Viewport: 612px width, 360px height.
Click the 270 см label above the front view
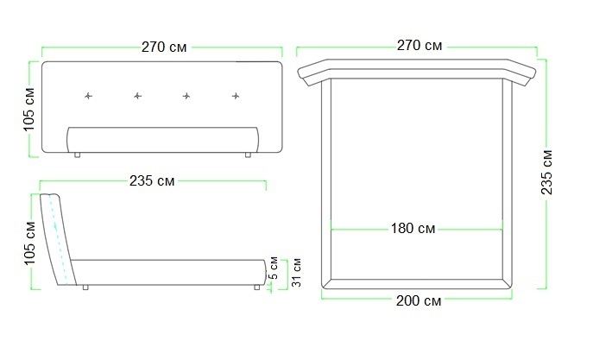[x=164, y=47]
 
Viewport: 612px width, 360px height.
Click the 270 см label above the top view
[x=420, y=45]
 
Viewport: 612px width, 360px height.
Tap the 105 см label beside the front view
[x=29, y=110]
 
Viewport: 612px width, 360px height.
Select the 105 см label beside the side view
[x=29, y=243]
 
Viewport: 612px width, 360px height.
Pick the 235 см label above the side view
[x=152, y=180]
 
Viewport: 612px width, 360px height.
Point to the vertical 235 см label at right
[x=546, y=172]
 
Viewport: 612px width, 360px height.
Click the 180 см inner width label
[x=413, y=229]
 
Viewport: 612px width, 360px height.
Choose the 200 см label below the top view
[x=419, y=300]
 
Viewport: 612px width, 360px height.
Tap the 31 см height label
[x=297, y=272]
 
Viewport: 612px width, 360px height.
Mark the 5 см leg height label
[x=274, y=268]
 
